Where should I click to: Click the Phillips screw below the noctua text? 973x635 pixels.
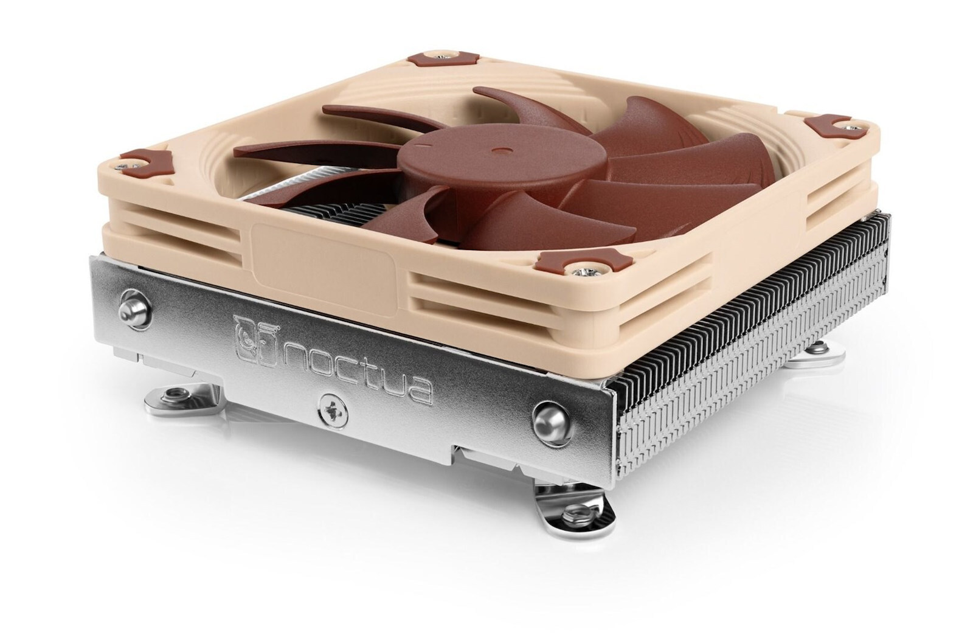pos(331,411)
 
